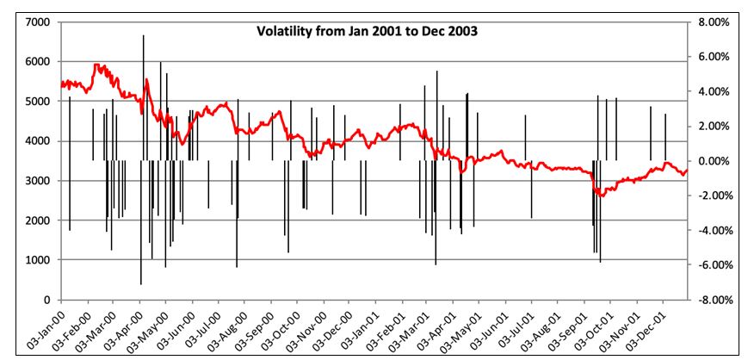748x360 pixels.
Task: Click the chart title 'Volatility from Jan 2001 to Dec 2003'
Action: pos(368,31)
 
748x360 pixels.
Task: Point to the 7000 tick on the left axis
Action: pos(35,22)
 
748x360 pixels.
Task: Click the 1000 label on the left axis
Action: pos(35,260)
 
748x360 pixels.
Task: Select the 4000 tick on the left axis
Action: pos(35,141)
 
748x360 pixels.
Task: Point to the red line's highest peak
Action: pos(97,65)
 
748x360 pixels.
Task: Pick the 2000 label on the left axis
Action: pos(35,220)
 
